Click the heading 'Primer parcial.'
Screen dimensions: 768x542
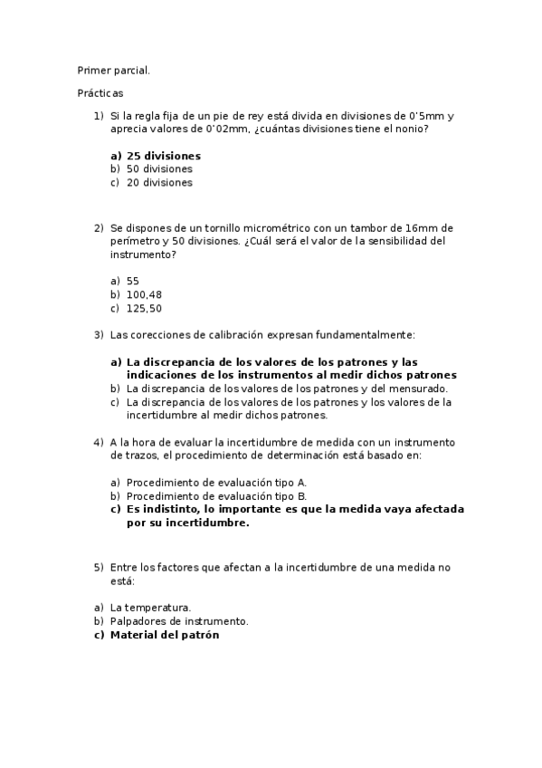coord(113,70)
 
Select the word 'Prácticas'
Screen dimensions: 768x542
coord(100,92)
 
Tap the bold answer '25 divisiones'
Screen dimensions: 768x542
coord(164,156)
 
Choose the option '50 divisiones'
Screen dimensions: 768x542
coord(159,168)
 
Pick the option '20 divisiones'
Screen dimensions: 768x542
coord(159,182)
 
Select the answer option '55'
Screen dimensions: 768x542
coord(133,281)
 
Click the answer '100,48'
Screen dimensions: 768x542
coord(144,294)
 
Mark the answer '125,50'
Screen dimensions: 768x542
coord(144,308)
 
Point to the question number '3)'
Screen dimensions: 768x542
coord(99,335)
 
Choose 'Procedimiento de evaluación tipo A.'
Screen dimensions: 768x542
coord(217,483)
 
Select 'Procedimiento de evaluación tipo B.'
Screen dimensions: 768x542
coord(217,496)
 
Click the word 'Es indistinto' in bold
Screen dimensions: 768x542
coord(163,509)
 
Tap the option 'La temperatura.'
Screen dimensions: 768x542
coord(150,608)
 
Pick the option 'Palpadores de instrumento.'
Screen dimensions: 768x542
coord(178,621)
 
